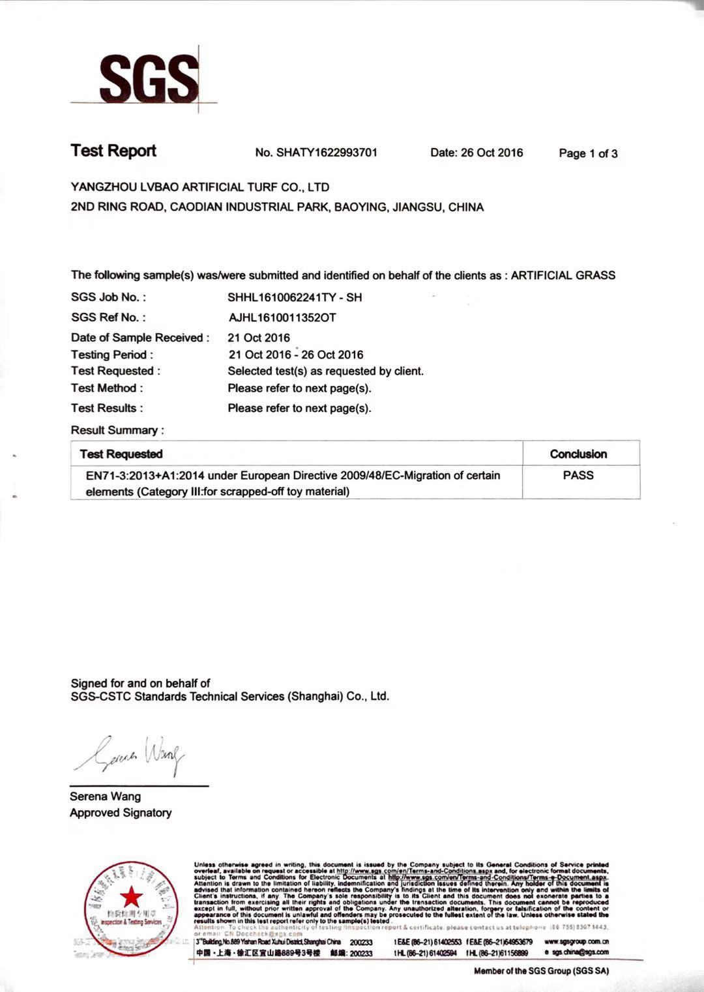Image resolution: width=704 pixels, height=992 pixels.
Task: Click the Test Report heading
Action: click(x=113, y=151)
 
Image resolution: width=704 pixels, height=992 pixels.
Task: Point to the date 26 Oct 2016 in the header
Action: click(x=491, y=153)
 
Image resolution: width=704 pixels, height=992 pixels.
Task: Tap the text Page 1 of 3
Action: click(x=588, y=154)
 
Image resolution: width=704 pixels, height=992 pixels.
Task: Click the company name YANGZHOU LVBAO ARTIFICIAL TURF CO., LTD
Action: click(x=199, y=187)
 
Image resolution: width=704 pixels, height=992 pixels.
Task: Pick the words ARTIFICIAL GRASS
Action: click(x=563, y=275)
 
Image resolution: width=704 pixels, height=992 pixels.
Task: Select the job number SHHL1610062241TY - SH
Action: click(x=295, y=297)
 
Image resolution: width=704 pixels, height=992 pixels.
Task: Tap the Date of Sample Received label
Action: click(x=140, y=338)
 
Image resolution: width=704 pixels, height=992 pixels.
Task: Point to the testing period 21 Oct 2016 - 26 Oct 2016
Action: click(x=295, y=355)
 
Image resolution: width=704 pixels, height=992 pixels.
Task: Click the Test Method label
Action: click(x=107, y=388)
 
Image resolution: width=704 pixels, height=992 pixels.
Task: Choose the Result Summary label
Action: click(x=117, y=430)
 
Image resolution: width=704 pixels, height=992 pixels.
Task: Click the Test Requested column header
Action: click(x=121, y=454)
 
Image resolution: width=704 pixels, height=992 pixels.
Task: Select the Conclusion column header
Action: click(x=578, y=454)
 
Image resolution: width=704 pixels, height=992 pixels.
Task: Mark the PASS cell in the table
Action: click(x=578, y=475)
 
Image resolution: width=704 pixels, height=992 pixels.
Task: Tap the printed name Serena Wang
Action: click(x=105, y=796)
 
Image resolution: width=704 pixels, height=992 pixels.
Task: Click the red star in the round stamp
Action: click(x=132, y=897)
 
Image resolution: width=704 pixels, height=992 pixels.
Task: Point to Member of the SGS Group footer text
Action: click(x=541, y=971)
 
